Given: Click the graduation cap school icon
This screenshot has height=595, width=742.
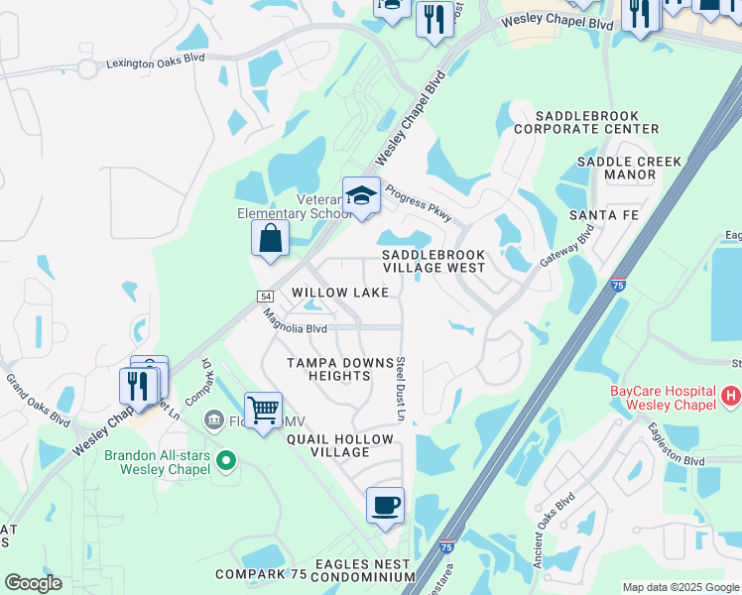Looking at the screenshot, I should (361, 194).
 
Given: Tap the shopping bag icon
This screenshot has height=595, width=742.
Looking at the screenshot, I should (270, 238).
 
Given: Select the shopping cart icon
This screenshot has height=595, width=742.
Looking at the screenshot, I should (263, 409).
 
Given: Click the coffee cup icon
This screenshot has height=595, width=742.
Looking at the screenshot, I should (385, 505).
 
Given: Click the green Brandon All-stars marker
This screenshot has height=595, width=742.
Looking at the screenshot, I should (225, 461).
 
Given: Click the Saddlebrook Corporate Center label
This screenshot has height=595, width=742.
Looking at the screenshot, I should (586, 122).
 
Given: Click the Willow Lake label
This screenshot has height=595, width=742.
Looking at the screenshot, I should (340, 293).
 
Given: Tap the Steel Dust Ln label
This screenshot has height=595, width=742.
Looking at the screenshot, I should (402, 388).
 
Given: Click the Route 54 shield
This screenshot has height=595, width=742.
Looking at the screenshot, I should (265, 296).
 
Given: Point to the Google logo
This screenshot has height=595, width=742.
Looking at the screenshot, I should (33, 583).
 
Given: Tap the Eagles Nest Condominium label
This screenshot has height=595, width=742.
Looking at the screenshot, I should (363, 570).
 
